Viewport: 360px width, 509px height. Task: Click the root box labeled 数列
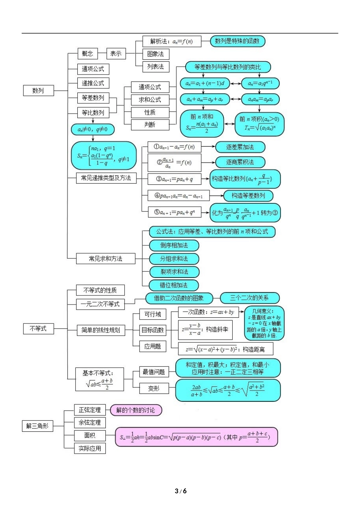[x=38, y=91]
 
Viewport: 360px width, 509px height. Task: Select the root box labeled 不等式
[x=38, y=328]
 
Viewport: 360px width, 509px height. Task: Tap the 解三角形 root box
[x=38, y=426]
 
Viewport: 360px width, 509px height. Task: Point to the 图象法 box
[x=156, y=54]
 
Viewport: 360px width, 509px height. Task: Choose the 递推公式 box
[x=93, y=83]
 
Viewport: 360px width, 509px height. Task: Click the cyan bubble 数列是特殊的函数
[x=237, y=41]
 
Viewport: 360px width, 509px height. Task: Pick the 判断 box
[x=150, y=124]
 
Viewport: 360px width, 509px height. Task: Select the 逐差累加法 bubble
[x=240, y=147]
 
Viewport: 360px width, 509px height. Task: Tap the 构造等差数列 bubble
[x=248, y=195]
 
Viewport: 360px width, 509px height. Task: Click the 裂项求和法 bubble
[x=174, y=272]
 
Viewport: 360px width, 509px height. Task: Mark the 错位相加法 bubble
[x=174, y=285]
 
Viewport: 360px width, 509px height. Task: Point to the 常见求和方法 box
[x=106, y=259]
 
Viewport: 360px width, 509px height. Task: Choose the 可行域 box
[x=153, y=314]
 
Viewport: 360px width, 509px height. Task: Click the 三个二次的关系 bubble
[x=249, y=298]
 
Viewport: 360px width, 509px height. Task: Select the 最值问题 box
[x=153, y=372]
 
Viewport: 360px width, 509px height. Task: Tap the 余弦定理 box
[x=90, y=422]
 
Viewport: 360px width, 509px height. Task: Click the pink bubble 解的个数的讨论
[x=136, y=410]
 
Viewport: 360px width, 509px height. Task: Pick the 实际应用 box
[x=90, y=448]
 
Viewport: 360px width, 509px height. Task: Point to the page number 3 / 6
[x=180, y=491]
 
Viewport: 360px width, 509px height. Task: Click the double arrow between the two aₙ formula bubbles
[x=236, y=83]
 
